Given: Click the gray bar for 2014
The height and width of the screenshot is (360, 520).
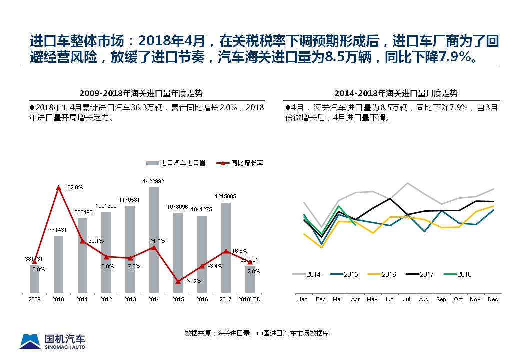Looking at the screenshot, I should [x=154, y=240].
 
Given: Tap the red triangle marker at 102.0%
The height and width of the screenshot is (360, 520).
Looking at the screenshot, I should [x=58, y=188].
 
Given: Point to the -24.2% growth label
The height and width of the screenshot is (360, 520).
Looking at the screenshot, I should [x=192, y=281].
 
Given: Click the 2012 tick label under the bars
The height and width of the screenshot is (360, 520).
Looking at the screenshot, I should [x=106, y=299].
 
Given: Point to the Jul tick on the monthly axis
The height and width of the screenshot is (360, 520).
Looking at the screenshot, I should [x=406, y=299].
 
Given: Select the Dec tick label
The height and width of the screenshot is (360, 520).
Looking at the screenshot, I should [x=493, y=299].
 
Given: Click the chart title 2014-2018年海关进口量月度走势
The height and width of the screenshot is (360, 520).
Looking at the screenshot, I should [x=396, y=93].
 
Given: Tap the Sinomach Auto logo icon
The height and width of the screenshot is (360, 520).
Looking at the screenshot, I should [x=30, y=341].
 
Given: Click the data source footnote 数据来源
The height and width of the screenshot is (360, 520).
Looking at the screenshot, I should [x=256, y=333].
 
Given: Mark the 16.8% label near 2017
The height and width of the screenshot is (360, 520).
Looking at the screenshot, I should [x=239, y=251].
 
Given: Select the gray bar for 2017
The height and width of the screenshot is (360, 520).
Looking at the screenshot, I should [x=226, y=247].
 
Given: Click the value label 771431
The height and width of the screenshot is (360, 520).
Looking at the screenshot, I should [x=58, y=229].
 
